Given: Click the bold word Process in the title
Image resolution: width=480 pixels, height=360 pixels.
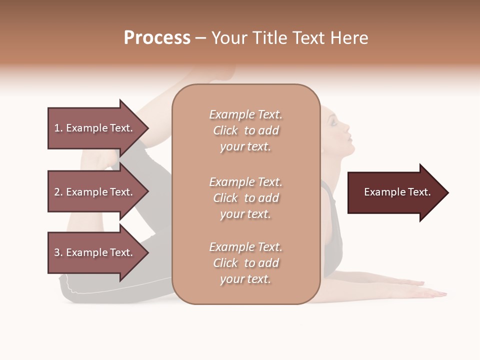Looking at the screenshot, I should (x=157, y=38).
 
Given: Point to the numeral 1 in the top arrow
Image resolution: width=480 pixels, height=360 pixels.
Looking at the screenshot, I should (x=57, y=128).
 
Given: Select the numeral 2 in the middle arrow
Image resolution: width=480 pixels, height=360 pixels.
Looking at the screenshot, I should (x=57, y=192).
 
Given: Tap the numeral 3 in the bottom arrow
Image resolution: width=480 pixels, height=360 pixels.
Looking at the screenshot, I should (x=57, y=252).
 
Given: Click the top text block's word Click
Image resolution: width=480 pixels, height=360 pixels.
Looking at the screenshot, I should (x=225, y=130).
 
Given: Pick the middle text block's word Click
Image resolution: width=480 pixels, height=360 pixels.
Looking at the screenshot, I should (x=225, y=198).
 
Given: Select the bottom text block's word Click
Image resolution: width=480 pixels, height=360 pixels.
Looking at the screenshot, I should (x=225, y=263).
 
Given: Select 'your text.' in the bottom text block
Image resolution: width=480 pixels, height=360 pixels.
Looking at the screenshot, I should (x=245, y=279).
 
